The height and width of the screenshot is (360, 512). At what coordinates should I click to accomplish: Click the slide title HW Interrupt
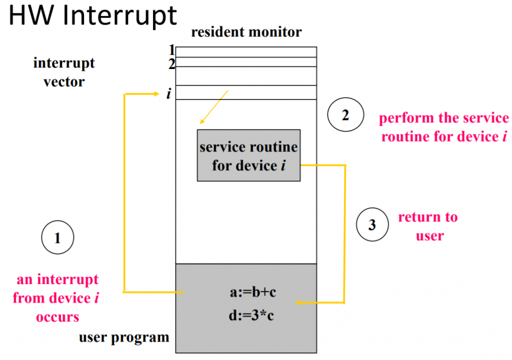coord(93,16)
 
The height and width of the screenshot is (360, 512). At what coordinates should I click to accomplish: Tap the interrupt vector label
coord(64,72)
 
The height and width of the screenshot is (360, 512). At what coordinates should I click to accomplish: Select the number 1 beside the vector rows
coord(171,50)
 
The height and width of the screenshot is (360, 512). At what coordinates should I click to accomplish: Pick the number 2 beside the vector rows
coord(171,63)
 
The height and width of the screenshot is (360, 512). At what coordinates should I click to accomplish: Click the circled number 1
coord(57,238)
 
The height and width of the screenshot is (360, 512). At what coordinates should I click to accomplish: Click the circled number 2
coord(345,115)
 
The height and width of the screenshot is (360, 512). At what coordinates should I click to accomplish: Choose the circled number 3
coord(372,224)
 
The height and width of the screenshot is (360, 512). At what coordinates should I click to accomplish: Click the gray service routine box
coord(248,155)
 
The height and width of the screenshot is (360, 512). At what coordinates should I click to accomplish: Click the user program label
coord(124,337)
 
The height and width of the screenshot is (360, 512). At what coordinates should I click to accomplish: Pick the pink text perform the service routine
coord(444,127)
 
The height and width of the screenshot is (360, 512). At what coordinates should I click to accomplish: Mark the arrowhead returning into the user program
coord(299,302)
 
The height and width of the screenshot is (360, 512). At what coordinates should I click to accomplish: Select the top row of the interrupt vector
coord(245,52)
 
